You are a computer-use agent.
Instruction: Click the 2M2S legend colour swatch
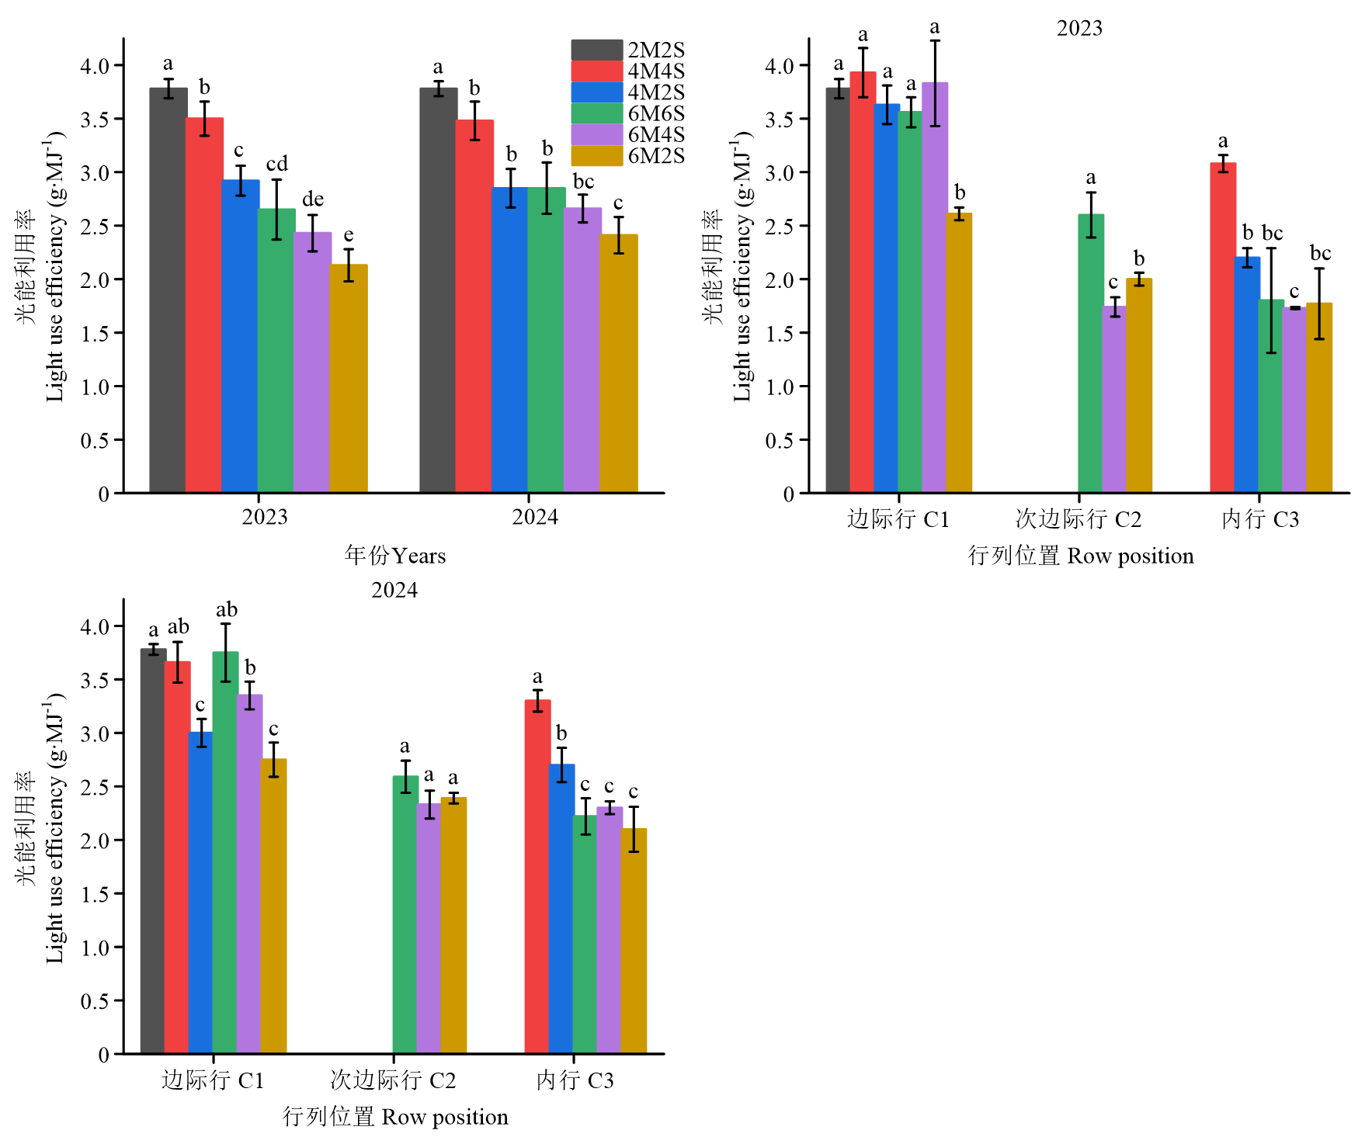click(596, 50)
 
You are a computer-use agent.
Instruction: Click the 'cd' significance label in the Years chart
click(276, 164)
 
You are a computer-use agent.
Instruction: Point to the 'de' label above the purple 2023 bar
click(312, 199)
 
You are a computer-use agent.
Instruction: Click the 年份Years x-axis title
click(394, 556)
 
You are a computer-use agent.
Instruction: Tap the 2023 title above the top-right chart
click(1079, 28)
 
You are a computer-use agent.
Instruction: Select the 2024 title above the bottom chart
click(394, 590)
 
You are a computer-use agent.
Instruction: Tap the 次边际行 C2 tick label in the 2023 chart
click(1078, 518)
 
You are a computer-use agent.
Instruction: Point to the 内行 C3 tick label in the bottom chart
click(575, 1080)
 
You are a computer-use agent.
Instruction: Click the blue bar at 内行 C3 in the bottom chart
click(562, 909)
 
